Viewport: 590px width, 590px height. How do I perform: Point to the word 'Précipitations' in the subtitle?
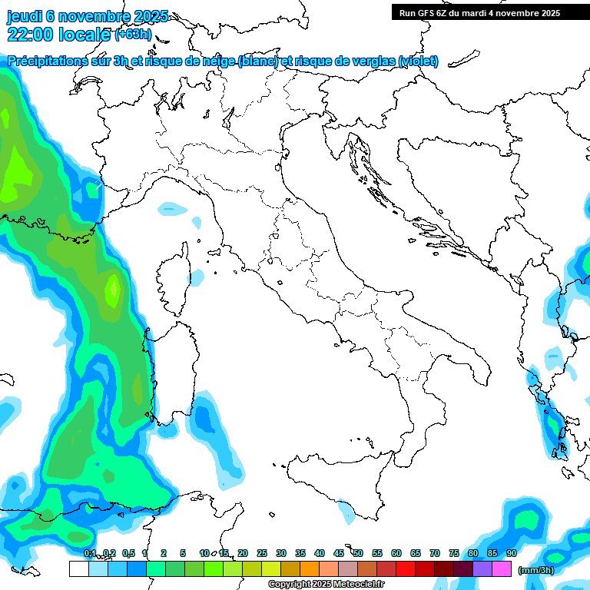point(47,61)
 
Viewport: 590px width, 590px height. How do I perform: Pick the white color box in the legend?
point(78,568)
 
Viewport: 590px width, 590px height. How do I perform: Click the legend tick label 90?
point(512,553)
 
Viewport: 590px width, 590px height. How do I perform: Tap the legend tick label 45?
point(339,553)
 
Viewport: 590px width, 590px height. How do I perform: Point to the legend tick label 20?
point(243,553)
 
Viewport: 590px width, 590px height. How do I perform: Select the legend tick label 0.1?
point(90,553)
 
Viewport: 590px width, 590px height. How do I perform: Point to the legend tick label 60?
point(396,553)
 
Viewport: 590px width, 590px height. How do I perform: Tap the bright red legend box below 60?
point(406,568)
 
